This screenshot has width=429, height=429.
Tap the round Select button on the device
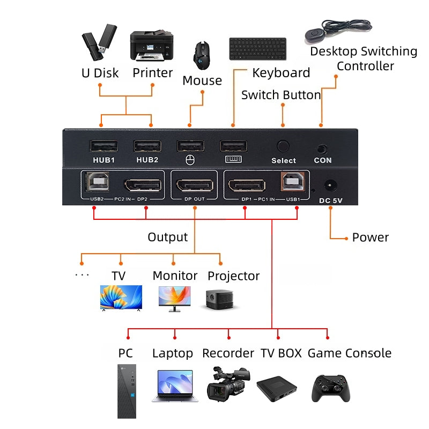click(x=283, y=146)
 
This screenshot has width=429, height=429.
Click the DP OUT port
click(x=194, y=185)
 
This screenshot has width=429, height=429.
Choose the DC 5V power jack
click(x=330, y=186)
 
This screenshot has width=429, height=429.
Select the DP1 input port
click(x=247, y=185)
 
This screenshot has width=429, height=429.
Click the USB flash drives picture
click(x=99, y=42)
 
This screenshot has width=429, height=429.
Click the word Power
click(x=370, y=238)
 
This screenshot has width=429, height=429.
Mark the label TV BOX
click(x=282, y=353)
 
